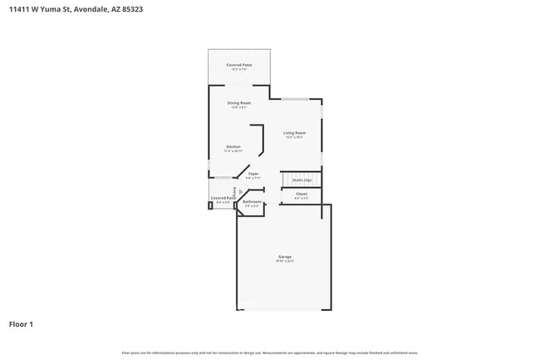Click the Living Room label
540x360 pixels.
294,133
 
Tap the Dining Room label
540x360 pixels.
239,103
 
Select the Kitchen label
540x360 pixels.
233,147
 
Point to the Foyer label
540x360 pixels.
253,174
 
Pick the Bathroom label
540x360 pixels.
253,202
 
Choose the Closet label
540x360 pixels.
302,194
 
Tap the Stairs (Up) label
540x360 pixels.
302,180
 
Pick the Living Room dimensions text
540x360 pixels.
294,137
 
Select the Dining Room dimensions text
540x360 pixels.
239,107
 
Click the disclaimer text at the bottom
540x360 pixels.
270,353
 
